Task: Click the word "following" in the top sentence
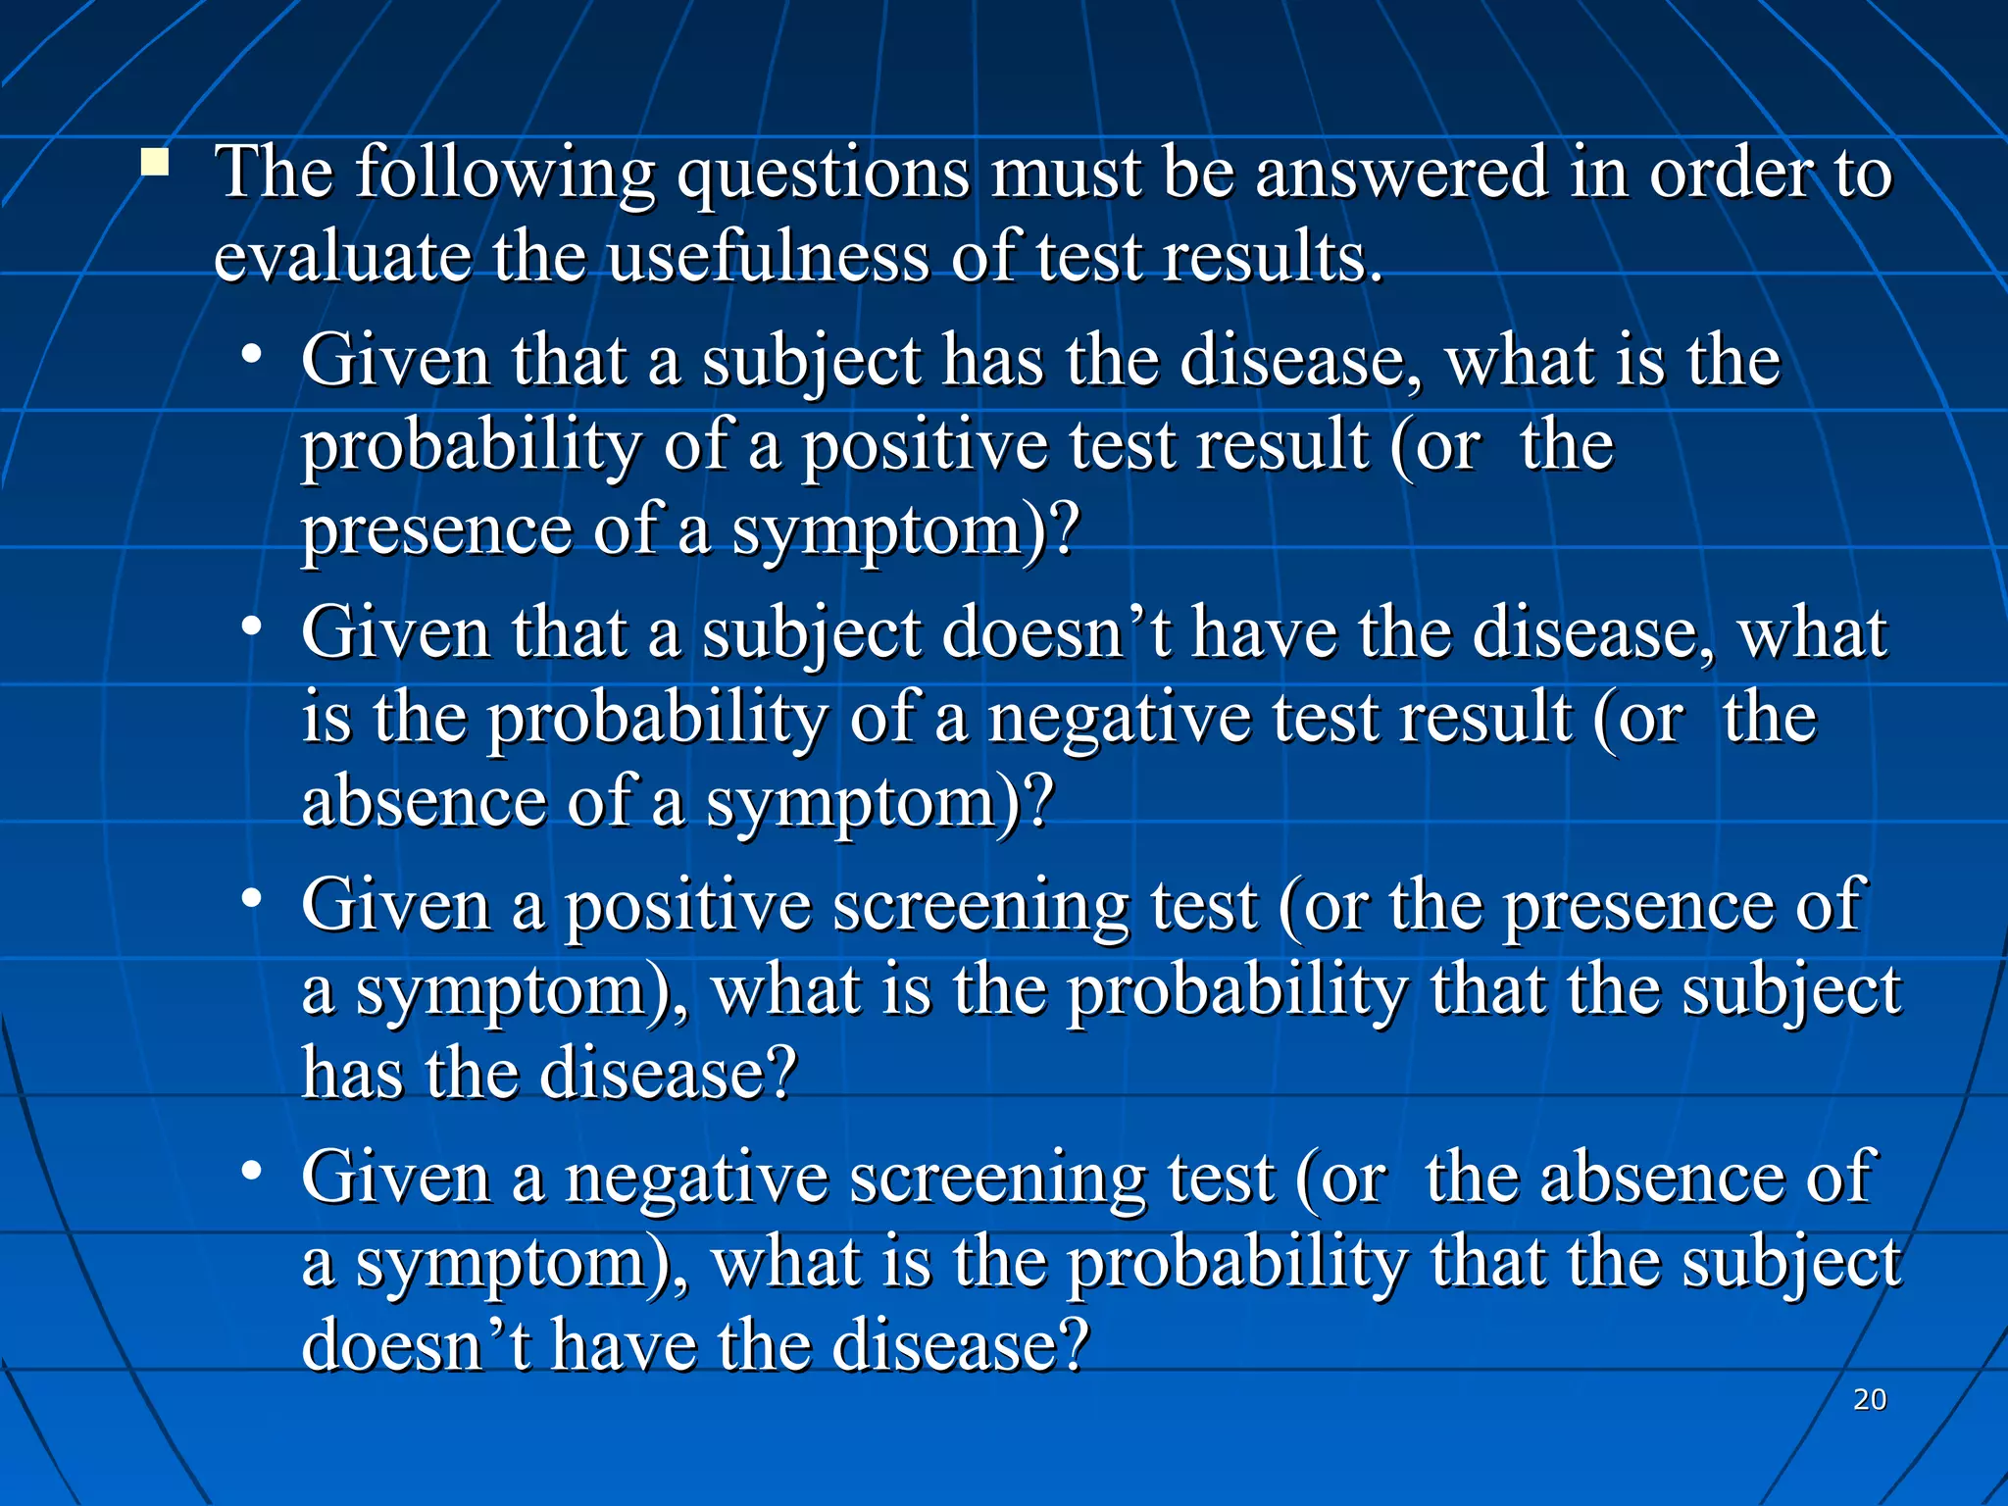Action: [x=504, y=174]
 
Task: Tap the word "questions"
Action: [x=824, y=174]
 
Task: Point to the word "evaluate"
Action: [x=342, y=258]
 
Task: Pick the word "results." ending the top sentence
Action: [x=1273, y=258]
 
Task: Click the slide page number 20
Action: [x=1870, y=1399]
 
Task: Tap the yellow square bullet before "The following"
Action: [x=154, y=162]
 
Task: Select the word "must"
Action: [x=1066, y=174]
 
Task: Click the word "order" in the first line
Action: [x=1732, y=174]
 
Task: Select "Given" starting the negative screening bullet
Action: [x=395, y=1178]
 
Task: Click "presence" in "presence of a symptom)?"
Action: [x=435, y=530]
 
